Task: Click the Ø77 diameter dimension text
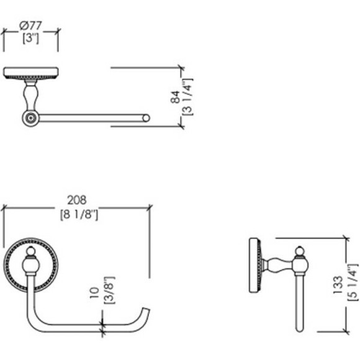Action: click(x=30, y=25)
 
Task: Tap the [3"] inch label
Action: click(x=31, y=38)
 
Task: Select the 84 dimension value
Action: click(x=175, y=97)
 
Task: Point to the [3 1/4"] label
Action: click(x=188, y=97)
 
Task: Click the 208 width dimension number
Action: click(x=77, y=200)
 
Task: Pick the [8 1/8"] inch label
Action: click(x=79, y=215)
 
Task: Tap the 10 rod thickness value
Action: click(x=94, y=293)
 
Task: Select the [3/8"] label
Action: click(x=109, y=290)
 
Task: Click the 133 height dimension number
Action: click(x=338, y=285)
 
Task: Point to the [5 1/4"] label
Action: click(x=353, y=282)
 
